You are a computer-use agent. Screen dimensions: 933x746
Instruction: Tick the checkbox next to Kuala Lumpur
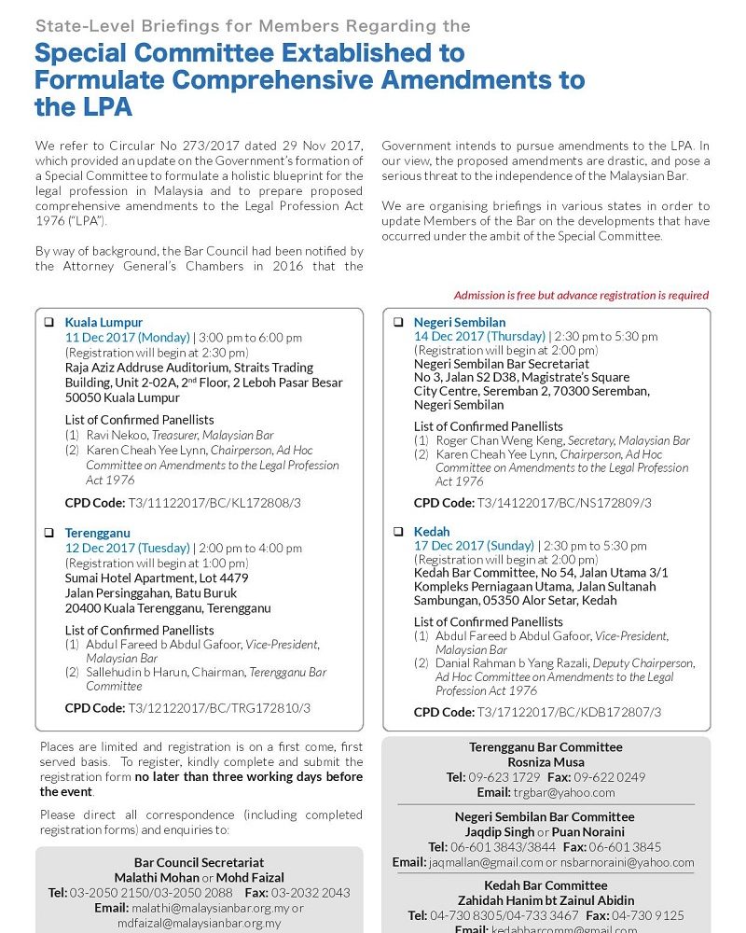pyautogui.click(x=48, y=322)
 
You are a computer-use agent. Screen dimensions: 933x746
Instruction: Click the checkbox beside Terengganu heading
pyautogui.click(x=48, y=533)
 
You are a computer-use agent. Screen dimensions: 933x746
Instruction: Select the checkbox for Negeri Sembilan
pyautogui.click(x=398, y=322)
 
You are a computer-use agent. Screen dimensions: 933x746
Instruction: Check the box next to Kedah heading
pyautogui.click(x=398, y=532)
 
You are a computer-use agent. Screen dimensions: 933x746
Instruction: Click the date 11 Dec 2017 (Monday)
pyautogui.click(x=127, y=338)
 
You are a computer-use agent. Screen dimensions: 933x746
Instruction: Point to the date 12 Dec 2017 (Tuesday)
pyautogui.click(x=127, y=548)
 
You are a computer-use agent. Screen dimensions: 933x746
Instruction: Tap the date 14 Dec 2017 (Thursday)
pyautogui.click(x=479, y=336)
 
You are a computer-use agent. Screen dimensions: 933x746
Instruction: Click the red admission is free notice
pyautogui.click(x=581, y=296)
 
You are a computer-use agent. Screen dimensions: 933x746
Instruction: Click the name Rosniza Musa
pyautogui.click(x=546, y=762)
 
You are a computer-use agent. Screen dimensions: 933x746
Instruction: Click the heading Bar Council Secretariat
pyautogui.click(x=199, y=863)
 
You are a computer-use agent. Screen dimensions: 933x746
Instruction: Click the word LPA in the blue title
pyautogui.click(x=84, y=107)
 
